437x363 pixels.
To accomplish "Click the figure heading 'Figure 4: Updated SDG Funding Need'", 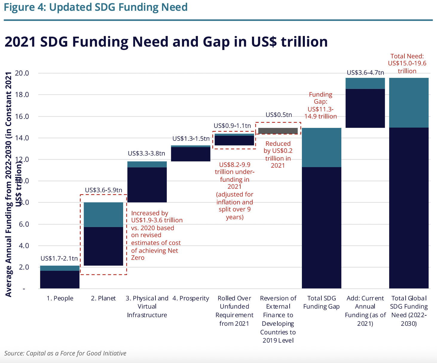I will (96, 7).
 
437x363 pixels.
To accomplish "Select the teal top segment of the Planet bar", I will (103, 214).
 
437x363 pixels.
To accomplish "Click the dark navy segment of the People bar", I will (60, 279).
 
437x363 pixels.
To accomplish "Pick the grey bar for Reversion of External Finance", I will (278, 131).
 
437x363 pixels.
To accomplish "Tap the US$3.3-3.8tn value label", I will (146, 154).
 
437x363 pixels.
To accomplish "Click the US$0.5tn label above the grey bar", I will (279, 115).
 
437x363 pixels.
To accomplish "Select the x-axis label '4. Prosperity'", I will (191, 298).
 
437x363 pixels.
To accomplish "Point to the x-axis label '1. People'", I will (60, 298).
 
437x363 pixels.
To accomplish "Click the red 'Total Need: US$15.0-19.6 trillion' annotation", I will (407, 63).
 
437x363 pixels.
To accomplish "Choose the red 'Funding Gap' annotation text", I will (321, 105).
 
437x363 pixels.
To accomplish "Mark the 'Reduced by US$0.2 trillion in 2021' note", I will (278, 155).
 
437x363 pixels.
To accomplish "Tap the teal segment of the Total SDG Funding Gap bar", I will (322, 147).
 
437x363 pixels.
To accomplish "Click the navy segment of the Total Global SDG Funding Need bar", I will (409, 208).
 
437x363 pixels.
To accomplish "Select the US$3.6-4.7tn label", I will (365, 73).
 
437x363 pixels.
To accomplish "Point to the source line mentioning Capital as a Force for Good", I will (65, 353).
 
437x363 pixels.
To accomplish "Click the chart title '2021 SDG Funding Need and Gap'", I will (166, 42).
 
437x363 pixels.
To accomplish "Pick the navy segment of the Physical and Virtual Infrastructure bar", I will (147, 185).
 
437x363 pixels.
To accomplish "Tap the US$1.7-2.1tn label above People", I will (59, 258).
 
